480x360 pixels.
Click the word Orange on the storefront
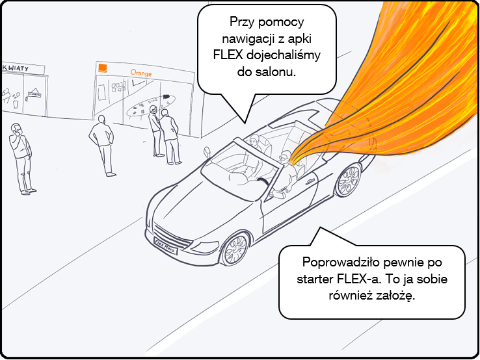point(140,73)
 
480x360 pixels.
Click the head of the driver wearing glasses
point(284,157)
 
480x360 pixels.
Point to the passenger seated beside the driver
point(255,142)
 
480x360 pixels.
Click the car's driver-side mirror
point(209,153)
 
